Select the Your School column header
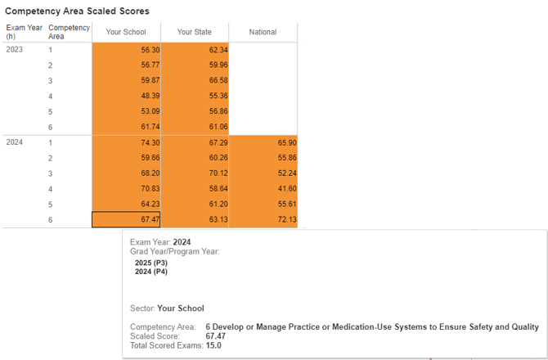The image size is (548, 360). (126, 32)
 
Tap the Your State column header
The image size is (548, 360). (194, 32)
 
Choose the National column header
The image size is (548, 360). (263, 32)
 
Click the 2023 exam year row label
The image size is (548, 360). (15, 50)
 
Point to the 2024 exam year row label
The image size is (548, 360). (15, 142)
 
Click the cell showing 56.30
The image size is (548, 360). (126, 50)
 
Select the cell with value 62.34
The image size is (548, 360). (194, 50)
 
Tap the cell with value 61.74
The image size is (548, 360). (126, 127)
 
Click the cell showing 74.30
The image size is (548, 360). (126, 142)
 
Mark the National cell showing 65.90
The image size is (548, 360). (263, 142)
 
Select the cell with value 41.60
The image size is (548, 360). (263, 188)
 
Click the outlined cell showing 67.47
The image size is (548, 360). (126, 219)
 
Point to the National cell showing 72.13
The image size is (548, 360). (263, 219)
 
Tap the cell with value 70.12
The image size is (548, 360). (194, 173)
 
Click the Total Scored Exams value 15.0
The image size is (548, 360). (213, 345)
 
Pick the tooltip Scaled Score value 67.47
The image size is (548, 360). (215, 336)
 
